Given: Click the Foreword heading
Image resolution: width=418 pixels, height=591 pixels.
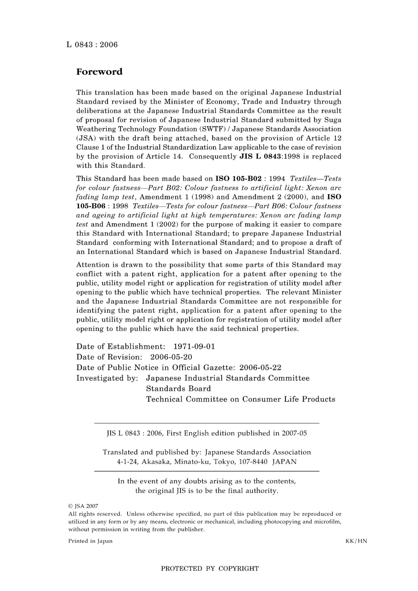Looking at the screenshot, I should tap(99, 72).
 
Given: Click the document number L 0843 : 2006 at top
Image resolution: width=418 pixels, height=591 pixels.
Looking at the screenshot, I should tap(92, 45).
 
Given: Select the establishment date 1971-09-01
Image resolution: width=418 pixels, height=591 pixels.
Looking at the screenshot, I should tap(194, 347).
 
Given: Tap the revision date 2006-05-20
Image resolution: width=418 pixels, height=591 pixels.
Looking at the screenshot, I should tap(171, 357).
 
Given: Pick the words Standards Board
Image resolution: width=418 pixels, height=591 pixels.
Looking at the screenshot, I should tap(178, 389).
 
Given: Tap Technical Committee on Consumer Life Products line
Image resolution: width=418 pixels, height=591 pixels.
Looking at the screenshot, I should tap(240, 399).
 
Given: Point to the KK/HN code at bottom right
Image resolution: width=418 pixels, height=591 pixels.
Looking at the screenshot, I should tap(356, 541).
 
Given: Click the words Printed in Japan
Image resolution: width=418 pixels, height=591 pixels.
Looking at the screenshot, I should tap(90, 541).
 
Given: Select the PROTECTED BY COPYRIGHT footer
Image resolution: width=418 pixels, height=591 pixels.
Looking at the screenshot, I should tap(209, 569).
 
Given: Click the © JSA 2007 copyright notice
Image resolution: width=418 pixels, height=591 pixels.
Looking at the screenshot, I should tap(83, 506).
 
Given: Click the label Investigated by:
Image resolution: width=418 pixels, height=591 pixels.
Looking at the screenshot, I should tap(107, 378).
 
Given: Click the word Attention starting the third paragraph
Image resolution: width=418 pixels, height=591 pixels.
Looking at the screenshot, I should tap(92, 265).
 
